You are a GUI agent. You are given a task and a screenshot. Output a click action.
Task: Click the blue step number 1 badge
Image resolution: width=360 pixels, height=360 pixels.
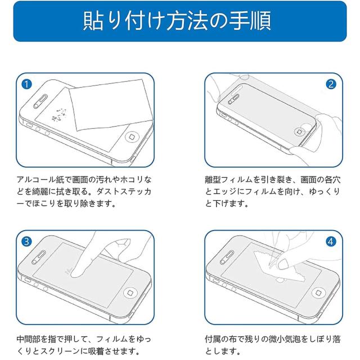[26, 84]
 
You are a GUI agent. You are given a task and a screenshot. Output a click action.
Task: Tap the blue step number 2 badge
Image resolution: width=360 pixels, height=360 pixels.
[331, 84]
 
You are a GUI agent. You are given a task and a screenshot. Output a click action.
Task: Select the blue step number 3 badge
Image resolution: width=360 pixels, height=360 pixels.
[26, 241]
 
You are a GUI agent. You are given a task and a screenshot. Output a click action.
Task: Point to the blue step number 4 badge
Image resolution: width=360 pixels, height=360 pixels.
[331, 241]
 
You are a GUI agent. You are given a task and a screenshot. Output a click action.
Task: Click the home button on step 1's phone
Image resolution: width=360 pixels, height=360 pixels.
[132, 137]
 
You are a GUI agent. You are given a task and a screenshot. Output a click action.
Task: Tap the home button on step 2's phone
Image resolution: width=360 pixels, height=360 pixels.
[300, 132]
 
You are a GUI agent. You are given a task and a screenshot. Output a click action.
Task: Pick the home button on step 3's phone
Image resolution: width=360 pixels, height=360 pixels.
[130, 293]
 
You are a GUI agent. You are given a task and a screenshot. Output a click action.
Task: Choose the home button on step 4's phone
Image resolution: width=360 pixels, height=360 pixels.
[319, 292]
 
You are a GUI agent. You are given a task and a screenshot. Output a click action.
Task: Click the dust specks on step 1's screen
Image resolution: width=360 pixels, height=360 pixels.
[59, 115]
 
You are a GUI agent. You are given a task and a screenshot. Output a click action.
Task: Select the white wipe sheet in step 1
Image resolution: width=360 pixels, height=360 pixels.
[111, 105]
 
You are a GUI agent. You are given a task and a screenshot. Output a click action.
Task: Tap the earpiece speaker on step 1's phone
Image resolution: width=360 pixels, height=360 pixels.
[40, 101]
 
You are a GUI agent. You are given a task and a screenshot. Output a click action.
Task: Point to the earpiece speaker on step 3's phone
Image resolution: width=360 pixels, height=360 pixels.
[39, 258]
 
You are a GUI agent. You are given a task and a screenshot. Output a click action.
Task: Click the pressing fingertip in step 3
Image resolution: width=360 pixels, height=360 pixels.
[77, 273]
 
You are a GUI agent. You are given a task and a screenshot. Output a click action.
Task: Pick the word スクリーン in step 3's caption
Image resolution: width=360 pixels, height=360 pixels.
[60, 351]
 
